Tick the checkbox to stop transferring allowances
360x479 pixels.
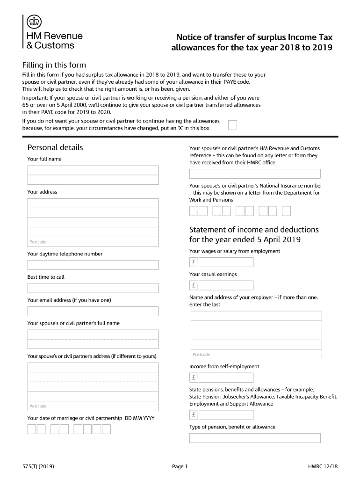(x=232, y=125)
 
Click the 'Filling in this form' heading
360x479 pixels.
(x=54, y=65)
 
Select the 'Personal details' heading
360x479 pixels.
(x=55, y=147)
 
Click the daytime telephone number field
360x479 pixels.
(x=93, y=265)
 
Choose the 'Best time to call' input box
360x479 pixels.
(x=93, y=288)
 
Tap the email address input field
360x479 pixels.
(x=93, y=312)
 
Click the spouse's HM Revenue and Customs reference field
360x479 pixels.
(x=255, y=174)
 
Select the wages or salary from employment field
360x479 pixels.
(x=226, y=262)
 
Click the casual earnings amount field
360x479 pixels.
(x=226, y=285)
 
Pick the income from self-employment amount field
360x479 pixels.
(x=226, y=377)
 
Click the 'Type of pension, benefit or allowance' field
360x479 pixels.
(x=255, y=438)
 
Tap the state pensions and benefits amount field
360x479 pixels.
(x=226, y=415)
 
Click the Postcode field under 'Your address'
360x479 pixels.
(x=93, y=242)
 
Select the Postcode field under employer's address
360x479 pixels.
(x=256, y=354)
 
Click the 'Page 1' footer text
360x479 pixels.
(x=180, y=466)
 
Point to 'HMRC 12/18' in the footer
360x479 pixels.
(x=323, y=466)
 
